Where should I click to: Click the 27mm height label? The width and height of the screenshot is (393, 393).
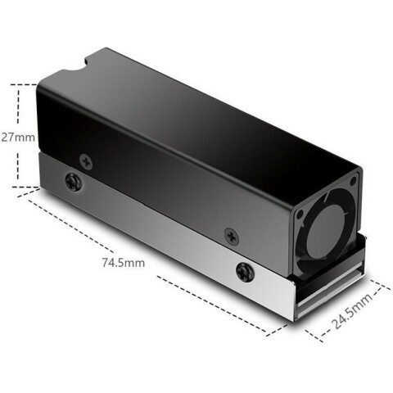click(x=18, y=138)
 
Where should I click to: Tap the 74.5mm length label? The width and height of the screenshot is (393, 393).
click(x=124, y=263)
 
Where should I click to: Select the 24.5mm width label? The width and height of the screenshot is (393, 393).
click(x=352, y=311)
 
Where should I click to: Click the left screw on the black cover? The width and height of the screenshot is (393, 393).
click(x=86, y=162)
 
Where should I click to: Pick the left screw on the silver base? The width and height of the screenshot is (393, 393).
click(x=74, y=181)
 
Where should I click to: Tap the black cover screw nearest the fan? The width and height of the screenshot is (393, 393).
click(x=232, y=237)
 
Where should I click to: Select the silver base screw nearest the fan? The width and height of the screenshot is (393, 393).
click(x=245, y=272)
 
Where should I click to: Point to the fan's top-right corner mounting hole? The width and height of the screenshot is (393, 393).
click(x=353, y=181)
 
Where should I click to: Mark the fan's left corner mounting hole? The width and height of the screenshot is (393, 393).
click(x=300, y=215)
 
